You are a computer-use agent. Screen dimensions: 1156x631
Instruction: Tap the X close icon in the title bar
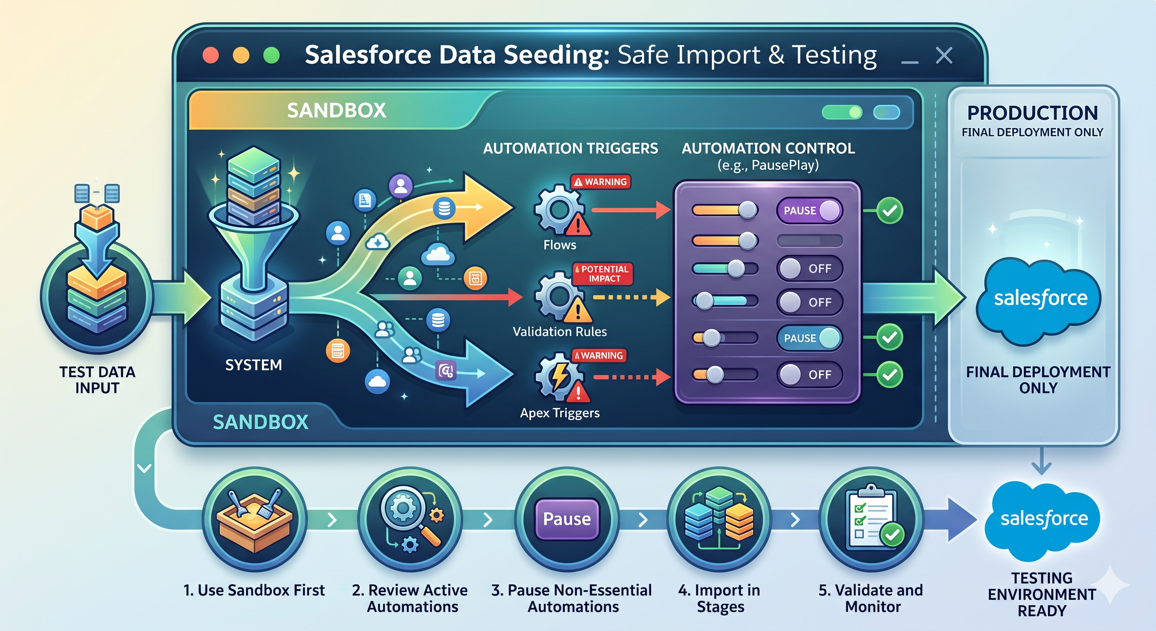[x=944, y=56]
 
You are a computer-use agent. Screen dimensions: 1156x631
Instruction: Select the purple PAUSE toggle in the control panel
[x=810, y=210]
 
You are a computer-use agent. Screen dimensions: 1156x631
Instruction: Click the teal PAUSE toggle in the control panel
[x=810, y=338]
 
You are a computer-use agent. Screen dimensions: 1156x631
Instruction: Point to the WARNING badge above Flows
[x=601, y=182]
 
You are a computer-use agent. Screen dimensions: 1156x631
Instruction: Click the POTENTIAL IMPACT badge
[x=602, y=274]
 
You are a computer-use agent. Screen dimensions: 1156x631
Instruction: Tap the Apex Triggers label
[x=560, y=413]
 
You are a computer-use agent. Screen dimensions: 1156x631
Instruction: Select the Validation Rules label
[x=560, y=332]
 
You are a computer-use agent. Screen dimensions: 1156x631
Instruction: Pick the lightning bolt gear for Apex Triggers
[x=559, y=376]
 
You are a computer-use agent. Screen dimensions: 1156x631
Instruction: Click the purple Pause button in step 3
[x=567, y=519]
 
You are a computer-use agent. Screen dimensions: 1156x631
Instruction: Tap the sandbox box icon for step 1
[x=255, y=520]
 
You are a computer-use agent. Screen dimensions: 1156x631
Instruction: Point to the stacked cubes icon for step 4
[x=719, y=517]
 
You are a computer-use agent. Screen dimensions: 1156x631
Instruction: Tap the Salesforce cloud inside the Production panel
[x=1039, y=300]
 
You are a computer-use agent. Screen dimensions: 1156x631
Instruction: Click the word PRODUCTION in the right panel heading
[x=1032, y=113]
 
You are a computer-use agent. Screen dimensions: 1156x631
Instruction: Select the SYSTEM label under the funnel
[x=254, y=365]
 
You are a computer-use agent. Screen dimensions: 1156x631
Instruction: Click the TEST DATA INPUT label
[x=97, y=380]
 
